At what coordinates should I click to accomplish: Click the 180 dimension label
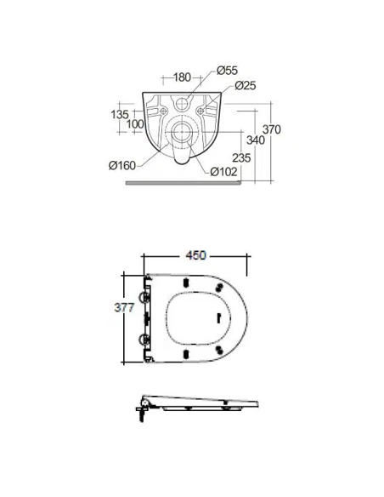pos(182,77)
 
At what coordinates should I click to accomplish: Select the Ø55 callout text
pos(227,71)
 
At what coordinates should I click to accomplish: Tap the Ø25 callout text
pos(246,86)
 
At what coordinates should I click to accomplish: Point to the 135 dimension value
pos(120,114)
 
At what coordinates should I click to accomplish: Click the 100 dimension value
pos(135,124)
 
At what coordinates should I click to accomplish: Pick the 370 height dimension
pos(272,129)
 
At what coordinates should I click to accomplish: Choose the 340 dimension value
pos(256,140)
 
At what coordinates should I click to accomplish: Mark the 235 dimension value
pos(241,157)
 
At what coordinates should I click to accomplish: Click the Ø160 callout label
pos(122,165)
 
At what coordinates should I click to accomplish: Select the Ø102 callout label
pos(223,171)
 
